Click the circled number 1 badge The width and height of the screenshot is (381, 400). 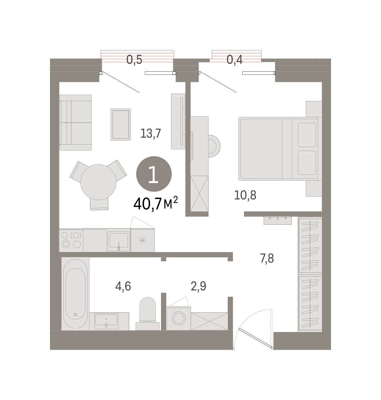coord(154,174)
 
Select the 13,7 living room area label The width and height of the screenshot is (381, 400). coord(151,133)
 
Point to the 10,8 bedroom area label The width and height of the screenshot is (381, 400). coord(245,195)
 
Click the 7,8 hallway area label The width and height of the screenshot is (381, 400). coord(267,258)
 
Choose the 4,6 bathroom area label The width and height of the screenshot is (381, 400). coord(123,286)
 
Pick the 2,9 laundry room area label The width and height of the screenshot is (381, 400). coord(198,286)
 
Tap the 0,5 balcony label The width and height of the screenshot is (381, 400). coord(134,60)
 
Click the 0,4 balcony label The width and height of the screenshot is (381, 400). coord(234,60)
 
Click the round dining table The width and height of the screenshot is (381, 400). coord(98,182)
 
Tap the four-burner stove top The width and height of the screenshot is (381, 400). coord(71,240)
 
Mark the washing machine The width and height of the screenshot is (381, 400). coord(179,318)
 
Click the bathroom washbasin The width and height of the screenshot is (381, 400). coord(106,321)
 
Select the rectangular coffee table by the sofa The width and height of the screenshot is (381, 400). coord(121,125)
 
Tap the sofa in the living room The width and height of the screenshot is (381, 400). coord(76,123)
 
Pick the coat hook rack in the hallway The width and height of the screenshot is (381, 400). coord(278,221)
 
